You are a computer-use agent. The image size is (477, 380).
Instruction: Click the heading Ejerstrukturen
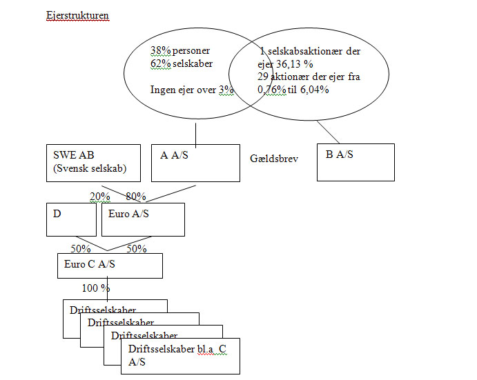77,14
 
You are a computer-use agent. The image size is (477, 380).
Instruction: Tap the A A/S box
195,162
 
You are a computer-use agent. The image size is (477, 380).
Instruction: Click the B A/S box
356,162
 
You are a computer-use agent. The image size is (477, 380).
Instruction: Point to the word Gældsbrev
273,159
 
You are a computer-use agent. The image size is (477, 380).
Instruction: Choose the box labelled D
71,219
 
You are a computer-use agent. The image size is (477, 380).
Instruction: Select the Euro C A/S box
110,266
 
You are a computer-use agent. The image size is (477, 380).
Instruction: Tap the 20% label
100,197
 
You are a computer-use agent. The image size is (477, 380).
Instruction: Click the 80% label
136,197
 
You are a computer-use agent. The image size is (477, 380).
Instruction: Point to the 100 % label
96,288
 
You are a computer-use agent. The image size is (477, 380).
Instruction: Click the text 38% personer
180,50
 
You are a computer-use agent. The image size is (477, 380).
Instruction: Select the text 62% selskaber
182,63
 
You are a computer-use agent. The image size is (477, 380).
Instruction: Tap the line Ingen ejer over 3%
193,90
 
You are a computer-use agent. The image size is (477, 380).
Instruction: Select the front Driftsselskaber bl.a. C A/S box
183,355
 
